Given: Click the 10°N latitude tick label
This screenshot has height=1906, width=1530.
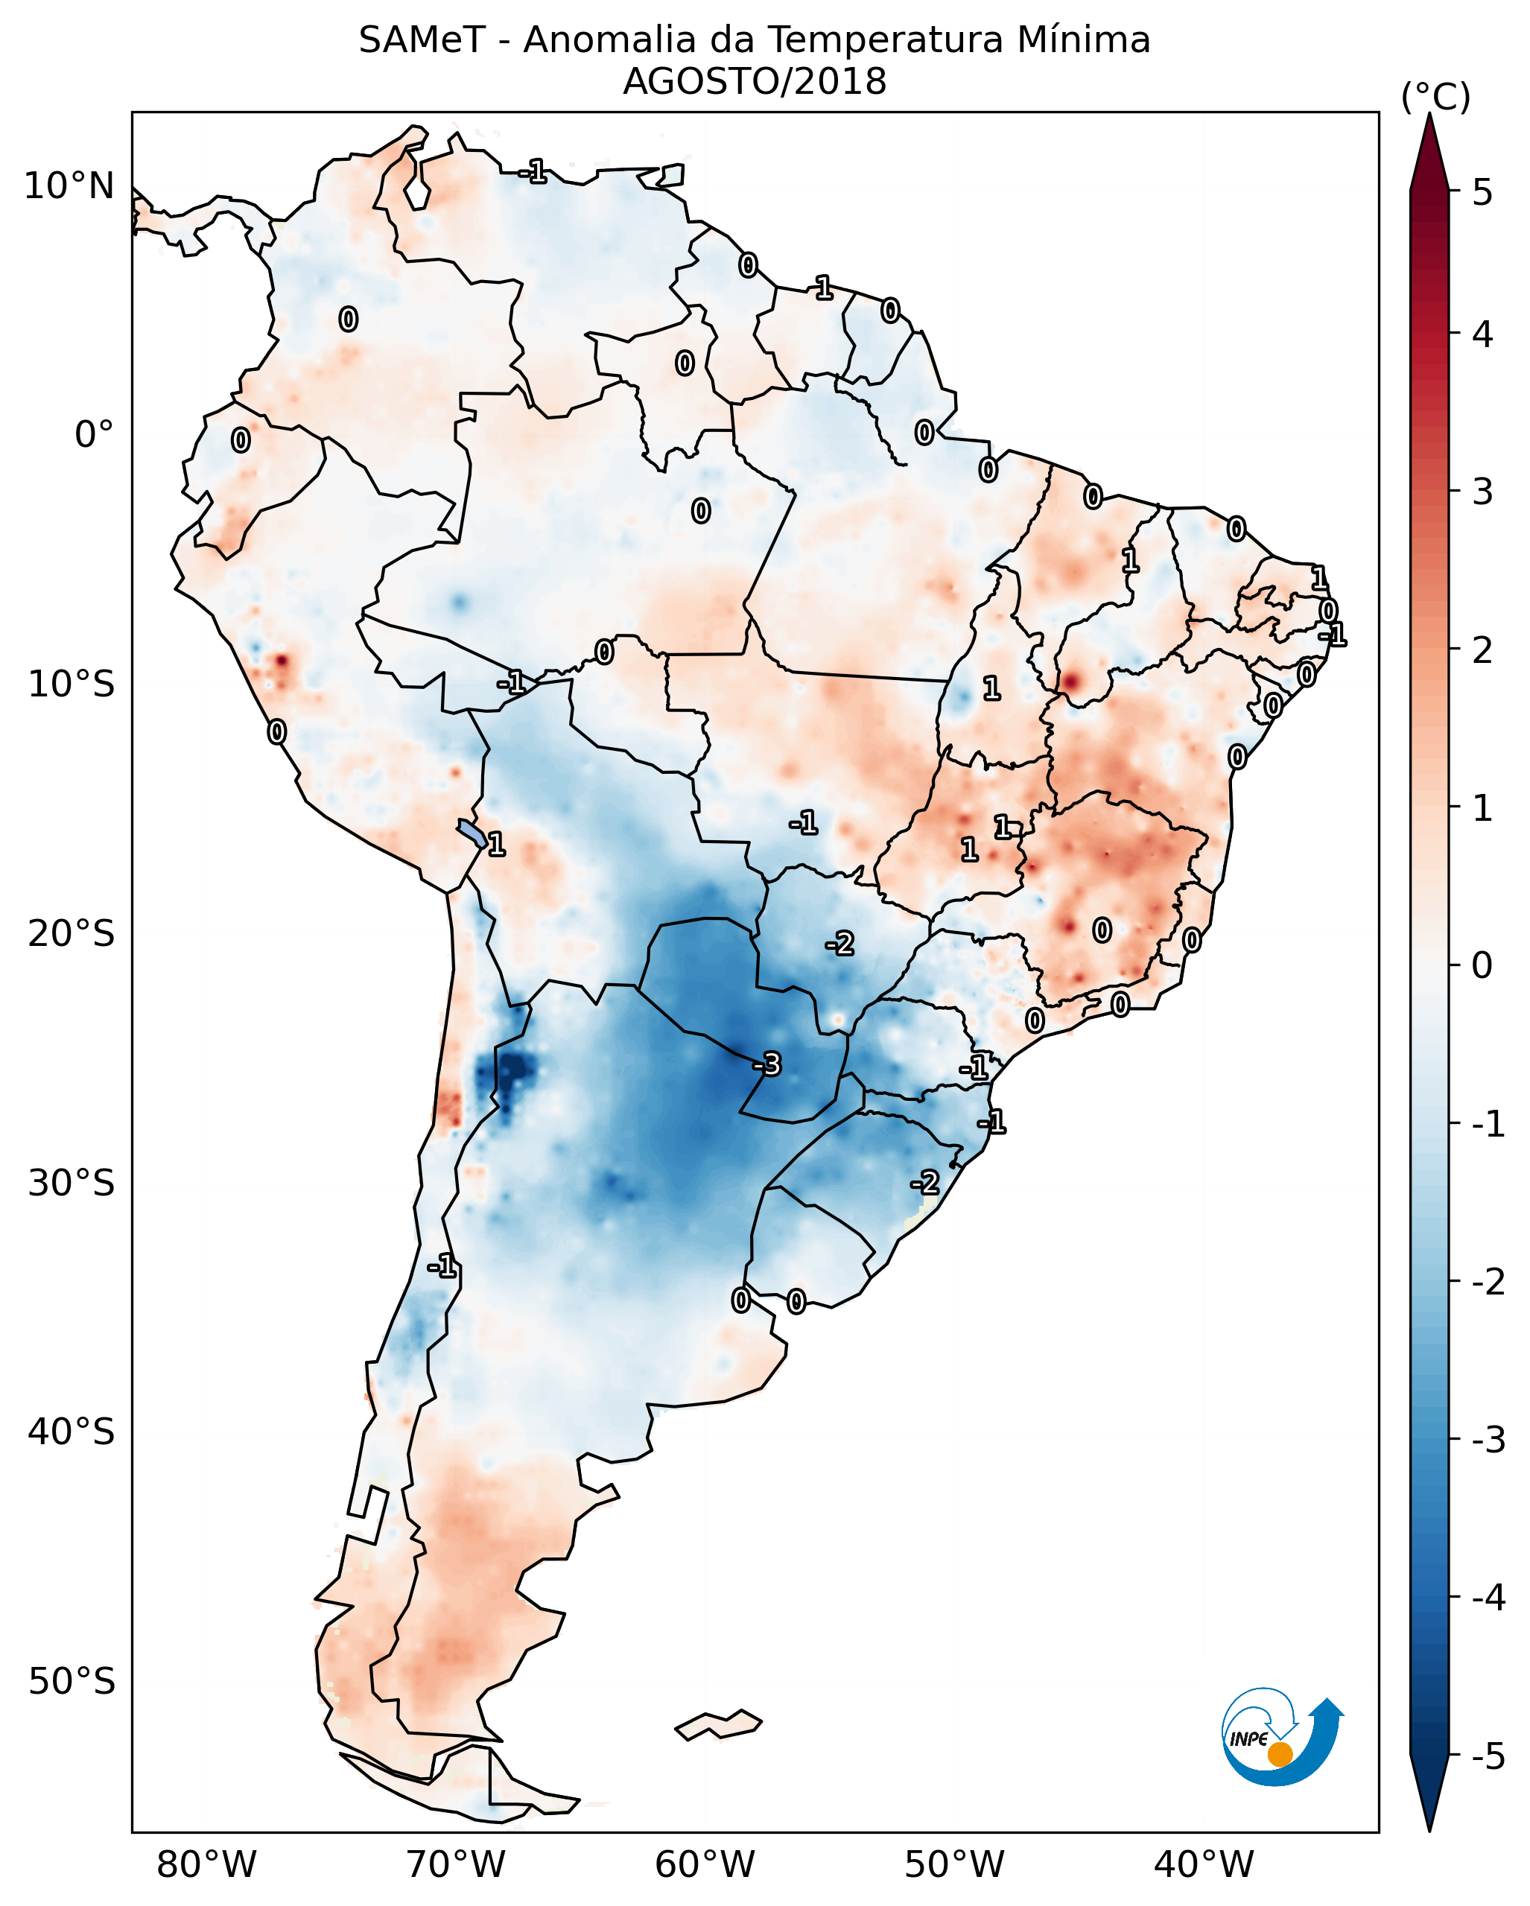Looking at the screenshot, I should [69, 186].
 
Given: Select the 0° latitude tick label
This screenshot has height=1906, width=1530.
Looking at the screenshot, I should [95, 435].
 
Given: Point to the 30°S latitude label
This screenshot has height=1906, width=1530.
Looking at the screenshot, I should [71, 1183].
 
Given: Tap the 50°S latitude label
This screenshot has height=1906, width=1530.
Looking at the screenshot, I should [71, 1682].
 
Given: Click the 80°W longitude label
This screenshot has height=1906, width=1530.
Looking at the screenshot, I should [206, 1864].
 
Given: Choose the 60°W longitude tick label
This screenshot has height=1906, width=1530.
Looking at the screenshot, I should [705, 1864].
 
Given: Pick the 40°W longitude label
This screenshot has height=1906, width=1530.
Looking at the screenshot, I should [1204, 1864].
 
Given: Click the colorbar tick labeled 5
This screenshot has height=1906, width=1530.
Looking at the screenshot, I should [1483, 193].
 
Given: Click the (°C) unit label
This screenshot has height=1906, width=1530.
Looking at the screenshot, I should [1435, 98].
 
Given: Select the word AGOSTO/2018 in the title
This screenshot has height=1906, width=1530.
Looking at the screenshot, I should [754, 82].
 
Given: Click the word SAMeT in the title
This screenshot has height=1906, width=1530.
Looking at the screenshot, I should [422, 41].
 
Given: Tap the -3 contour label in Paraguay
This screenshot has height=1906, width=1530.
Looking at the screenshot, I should [767, 1064].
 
